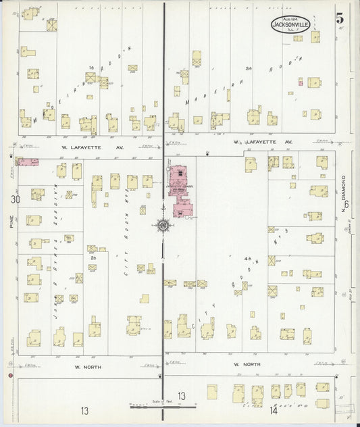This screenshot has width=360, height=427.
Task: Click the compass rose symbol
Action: (x=163, y=225)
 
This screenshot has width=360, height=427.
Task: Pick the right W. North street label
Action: (x=247, y=365)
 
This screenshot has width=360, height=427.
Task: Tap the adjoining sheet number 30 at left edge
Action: (x=15, y=200)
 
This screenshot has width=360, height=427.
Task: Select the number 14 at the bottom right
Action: (x=274, y=409)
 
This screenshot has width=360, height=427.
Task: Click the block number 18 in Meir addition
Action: (x=90, y=68)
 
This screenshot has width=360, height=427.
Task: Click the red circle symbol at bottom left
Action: (x=11, y=374)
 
